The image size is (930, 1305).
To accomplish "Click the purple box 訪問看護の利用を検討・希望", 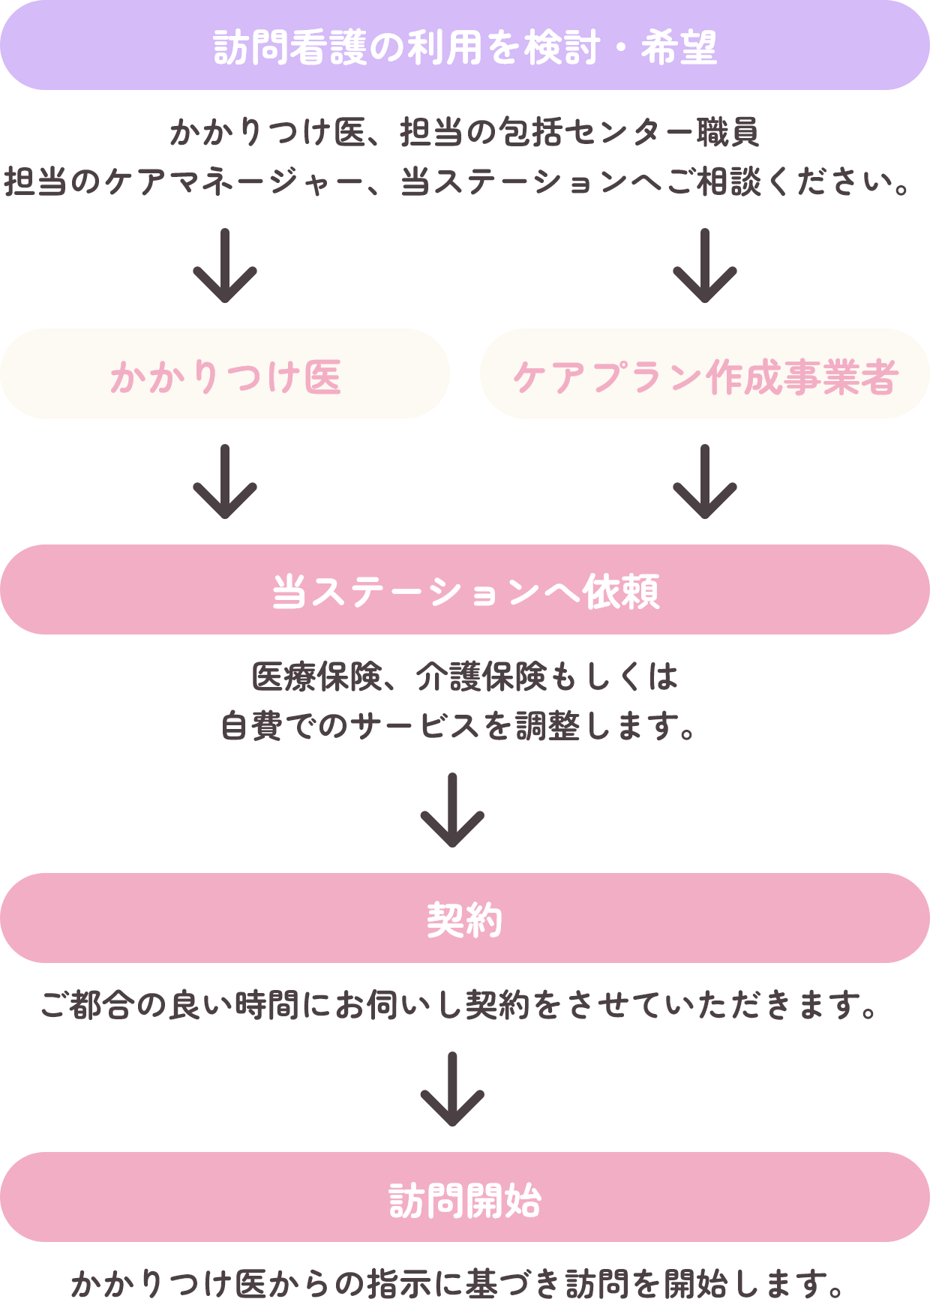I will [x=465, y=46].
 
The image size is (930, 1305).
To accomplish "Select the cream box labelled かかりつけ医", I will [x=225, y=374].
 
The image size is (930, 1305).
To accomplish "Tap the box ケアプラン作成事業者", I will [x=705, y=374].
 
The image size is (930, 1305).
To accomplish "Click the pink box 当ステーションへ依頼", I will [x=465, y=590].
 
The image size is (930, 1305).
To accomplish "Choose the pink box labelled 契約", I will [x=465, y=919].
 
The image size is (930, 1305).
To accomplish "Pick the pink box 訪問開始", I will [x=465, y=1198].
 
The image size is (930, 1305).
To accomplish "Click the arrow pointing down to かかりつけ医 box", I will [x=225, y=266].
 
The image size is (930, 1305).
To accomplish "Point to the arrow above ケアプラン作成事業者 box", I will [x=705, y=266].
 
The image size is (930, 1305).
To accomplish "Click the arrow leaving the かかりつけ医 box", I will [x=225, y=481].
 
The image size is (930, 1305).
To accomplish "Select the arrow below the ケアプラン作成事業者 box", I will [x=705, y=481].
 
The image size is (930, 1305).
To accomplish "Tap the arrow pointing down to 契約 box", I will [x=452, y=811].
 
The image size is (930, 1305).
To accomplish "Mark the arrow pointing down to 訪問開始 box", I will [x=452, y=1089].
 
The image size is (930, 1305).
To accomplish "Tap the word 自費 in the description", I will [x=252, y=726].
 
